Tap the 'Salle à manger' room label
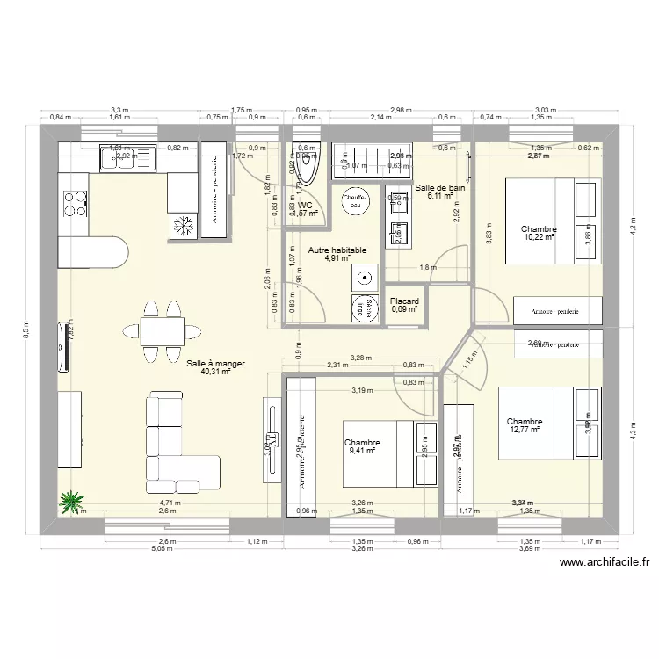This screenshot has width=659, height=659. (x=216, y=362)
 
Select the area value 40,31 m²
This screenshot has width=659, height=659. (x=216, y=372)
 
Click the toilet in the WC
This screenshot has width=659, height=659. (x=293, y=164)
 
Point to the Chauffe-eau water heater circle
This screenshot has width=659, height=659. (x=354, y=201)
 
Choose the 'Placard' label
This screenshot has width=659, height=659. (x=404, y=301)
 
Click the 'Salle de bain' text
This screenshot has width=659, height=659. (x=439, y=187)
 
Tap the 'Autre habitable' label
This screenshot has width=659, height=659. (x=337, y=250)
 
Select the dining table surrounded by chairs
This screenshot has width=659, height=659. (x=162, y=330)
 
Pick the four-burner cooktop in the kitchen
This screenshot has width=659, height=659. (x=74, y=205)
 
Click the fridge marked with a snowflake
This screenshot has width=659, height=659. (x=184, y=226)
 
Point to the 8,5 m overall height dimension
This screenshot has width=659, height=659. (x=25, y=329)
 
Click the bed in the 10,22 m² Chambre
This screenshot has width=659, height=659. (x=549, y=221)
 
